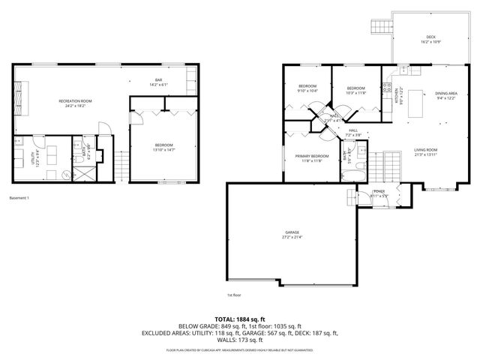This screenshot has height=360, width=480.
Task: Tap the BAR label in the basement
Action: [x=158, y=82]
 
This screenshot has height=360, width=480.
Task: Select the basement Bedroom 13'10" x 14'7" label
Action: [x=163, y=147]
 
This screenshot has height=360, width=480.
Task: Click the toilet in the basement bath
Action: [x=66, y=172]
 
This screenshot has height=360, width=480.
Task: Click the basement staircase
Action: [x=118, y=166]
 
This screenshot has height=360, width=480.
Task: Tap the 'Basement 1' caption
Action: [x=19, y=198]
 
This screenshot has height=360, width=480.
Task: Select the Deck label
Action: [x=430, y=38]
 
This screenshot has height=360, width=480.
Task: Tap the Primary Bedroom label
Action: [x=307, y=158]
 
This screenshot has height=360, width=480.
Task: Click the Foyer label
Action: [x=378, y=193]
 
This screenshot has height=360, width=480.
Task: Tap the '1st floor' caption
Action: [x=234, y=295]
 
